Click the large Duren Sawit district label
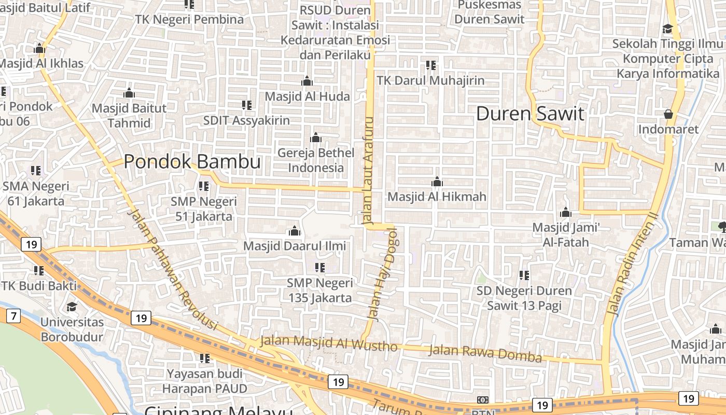[x=530, y=114]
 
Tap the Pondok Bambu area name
[x=192, y=162]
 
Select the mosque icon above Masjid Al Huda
[x=307, y=81]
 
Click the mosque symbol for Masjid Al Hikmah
[x=437, y=182]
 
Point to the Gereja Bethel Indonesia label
[x=316, y=160]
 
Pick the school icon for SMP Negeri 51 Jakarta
[x=204, y=186]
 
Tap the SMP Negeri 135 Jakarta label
[x=320, y=290]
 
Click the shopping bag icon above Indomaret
[x=668, y=114]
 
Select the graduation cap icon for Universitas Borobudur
[x=72, y=307]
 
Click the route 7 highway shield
[x=13, y=315]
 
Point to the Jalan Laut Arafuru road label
[x=369, y=171]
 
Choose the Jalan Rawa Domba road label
[x=485, y=354]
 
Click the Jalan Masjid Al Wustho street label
[x=328, y=343]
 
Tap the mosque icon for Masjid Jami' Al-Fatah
[x=566, y=213]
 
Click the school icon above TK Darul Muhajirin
[x=431, y=65]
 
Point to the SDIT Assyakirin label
[x=246, y=120]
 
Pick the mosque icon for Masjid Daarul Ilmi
[x=295, y=231]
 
